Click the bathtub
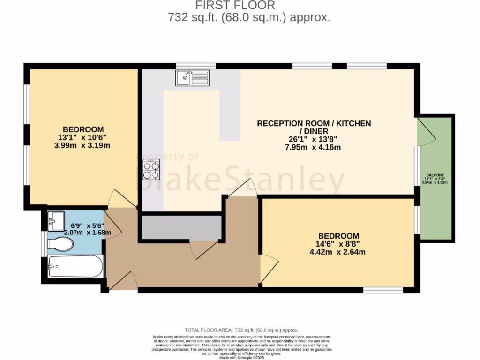(x=75, y=267)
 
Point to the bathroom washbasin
(x=57, y=220)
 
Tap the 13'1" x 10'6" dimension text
(x=83, y=137)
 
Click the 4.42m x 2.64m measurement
(x=337, y=252)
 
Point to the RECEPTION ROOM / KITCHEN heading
(x=314, y=123)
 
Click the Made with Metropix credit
(x=241, y=357)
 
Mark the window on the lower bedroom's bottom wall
(x=383, y=290)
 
